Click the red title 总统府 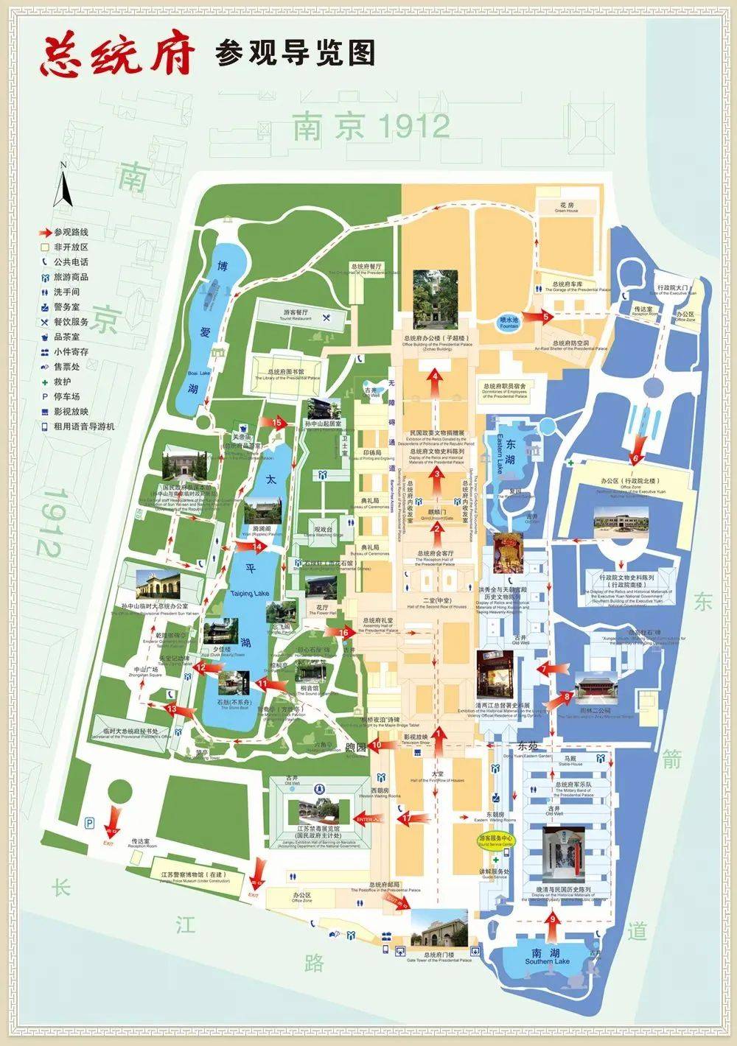click(118, 53)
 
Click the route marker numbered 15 click(276, 423)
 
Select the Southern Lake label click(548, 961)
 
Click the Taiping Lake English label click(250, 594)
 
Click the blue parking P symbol click(90, 823)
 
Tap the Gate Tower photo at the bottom click(439, 932)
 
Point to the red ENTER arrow click(370, 818)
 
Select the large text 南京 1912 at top click(371, 126)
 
